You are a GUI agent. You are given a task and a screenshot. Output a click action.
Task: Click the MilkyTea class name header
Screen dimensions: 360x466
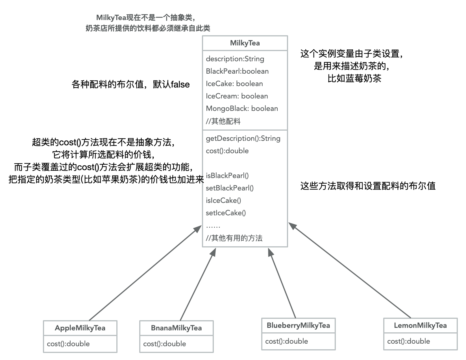pos(245,43)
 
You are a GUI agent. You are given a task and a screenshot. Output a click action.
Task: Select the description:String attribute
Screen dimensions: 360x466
pos(235,59)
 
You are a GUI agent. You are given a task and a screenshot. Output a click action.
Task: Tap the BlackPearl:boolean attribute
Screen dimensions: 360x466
pos(237,71)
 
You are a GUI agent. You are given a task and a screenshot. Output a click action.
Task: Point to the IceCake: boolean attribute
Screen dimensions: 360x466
pos(234,84)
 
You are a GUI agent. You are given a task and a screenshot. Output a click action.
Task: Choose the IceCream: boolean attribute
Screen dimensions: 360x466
pos(237,96)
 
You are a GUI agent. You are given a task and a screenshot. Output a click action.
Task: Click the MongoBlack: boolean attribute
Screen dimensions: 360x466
pos(242,109)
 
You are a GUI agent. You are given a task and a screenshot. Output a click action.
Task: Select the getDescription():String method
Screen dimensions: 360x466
pos(243,139)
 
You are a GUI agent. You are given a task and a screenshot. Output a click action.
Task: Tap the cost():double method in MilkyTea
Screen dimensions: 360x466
pos(227,151)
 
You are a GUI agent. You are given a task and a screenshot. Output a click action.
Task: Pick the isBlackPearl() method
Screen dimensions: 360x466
pos(227,176)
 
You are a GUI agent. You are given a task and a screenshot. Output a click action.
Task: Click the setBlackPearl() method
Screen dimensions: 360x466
pos(230,188)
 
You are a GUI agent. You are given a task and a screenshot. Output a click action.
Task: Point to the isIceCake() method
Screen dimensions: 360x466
pos(223,201)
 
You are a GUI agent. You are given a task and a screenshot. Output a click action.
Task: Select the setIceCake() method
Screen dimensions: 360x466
pos(226,213)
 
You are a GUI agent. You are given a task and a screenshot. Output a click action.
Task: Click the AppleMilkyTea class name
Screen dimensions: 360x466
pos(80,328)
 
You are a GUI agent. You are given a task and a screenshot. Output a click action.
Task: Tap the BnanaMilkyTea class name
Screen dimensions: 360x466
pos(177,328)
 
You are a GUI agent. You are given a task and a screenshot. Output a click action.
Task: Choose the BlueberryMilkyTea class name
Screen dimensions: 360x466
pos(299,326)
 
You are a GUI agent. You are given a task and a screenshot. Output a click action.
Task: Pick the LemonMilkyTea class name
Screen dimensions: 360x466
pos(421,326)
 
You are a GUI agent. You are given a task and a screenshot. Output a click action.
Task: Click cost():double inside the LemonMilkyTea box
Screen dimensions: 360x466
pos(409,341)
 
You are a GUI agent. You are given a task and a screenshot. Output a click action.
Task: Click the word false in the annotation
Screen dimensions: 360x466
pos(180,84)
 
